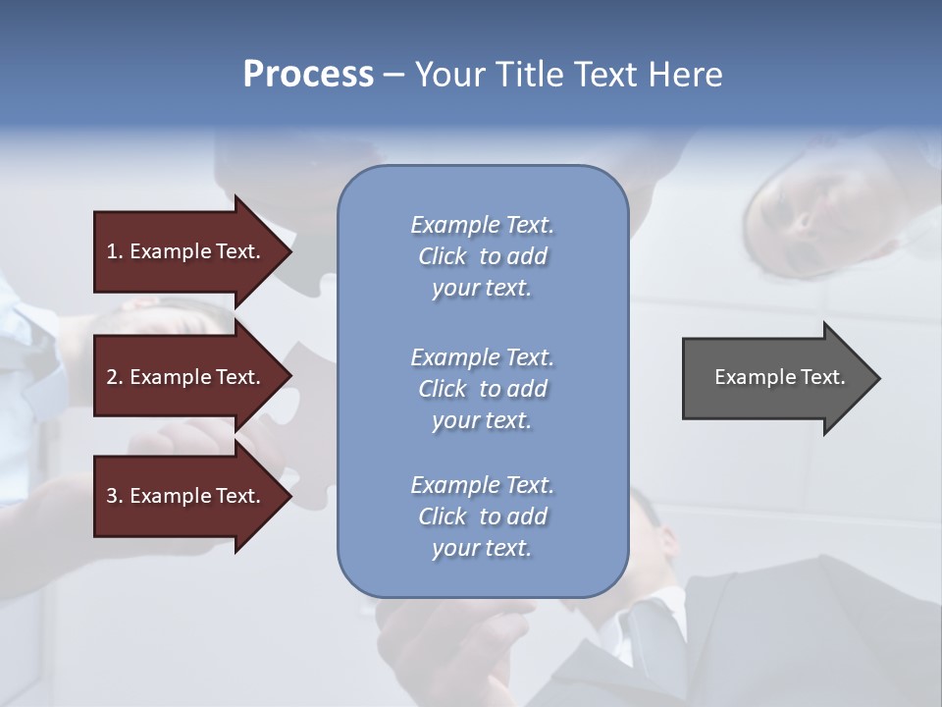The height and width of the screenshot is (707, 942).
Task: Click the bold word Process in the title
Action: (x=308, y=75)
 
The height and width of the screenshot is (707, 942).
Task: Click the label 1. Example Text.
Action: (x=183, y=251)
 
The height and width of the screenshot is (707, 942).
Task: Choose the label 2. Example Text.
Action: (x=183, y=377)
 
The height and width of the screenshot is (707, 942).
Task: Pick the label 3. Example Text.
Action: (x=183, y=496)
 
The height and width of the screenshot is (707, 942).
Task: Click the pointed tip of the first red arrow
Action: (x=289, y=251)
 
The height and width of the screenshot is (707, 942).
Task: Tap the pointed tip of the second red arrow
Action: (x=289, y=377)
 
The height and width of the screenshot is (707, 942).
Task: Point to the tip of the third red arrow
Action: (x=289, y=496)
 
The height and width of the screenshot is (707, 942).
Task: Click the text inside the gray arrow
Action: (x=780, y=377)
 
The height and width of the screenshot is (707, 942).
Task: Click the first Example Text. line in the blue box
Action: (x=482, y=225)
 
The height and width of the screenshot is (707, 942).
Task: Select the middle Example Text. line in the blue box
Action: (x=482, y=357)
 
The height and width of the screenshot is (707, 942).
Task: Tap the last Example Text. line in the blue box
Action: (x=482, y=485)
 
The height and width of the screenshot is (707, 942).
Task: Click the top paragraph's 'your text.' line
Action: (x=482, y=289)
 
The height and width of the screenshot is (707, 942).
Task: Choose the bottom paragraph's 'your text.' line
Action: (x=482, y=549)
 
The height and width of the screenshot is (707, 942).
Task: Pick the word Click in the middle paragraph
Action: (x=443, y=389)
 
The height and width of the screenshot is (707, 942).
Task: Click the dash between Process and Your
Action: (x=393, y=76)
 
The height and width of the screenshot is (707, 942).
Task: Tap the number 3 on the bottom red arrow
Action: (x=112, y=496)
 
